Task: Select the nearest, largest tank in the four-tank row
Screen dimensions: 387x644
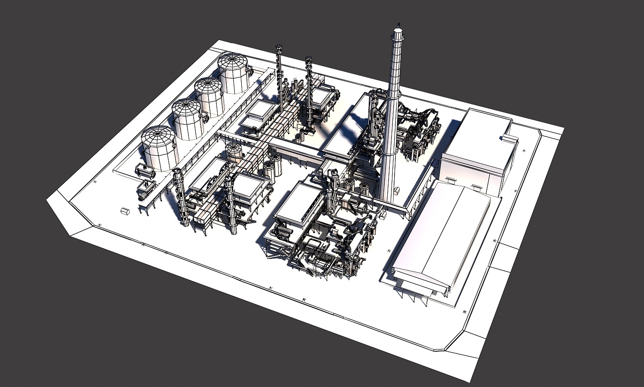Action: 158,147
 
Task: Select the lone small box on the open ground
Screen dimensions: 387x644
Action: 125,211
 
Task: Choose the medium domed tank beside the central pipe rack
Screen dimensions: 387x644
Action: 234,153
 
